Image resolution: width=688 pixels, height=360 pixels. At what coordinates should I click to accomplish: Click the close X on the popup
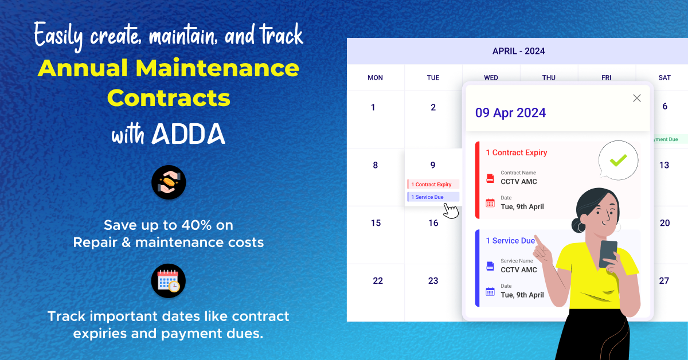(x=636, y=98)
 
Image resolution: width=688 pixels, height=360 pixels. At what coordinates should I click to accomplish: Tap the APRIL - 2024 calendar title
(x=518, y=51)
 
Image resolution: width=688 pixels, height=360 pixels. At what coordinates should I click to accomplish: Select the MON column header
(x=375, y=77)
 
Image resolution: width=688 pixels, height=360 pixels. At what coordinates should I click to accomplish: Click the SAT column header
(x=664, y=77)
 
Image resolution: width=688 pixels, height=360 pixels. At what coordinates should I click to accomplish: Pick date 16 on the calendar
(x=433, y=223)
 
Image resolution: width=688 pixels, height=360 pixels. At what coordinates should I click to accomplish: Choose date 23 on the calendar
(x=433, y=281)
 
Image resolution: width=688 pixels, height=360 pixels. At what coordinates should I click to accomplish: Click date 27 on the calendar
(x=664, y=281)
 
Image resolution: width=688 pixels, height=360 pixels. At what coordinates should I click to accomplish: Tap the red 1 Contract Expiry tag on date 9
(x=433, y=185)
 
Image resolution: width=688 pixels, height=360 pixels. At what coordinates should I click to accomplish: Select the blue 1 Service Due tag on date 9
(x=433, y=197)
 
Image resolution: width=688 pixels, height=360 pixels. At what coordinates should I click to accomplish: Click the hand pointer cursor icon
(x=451, y=210)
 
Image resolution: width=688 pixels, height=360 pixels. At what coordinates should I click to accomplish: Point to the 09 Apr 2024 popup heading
(x=510, y=112)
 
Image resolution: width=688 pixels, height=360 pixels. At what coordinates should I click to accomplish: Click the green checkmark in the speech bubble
(x=618, y=160)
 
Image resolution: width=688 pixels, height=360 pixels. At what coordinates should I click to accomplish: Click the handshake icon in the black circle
(x=169, y=183)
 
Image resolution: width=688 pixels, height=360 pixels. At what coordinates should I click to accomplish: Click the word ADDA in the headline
(x=189, y=133)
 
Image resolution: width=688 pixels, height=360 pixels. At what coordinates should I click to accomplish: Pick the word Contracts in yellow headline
(x=169, y=98)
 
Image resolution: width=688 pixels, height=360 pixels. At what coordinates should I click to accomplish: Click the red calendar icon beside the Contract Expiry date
(x=490, y=203)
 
